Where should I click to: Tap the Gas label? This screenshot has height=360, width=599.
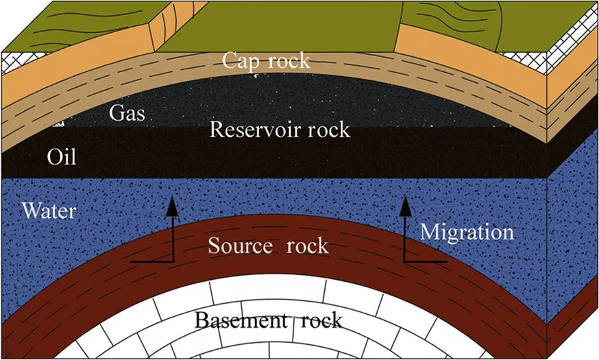(x=127, y=113)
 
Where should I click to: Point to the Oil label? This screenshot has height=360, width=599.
(x=62, y=158)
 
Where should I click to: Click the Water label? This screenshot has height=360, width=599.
(x=49, y=210)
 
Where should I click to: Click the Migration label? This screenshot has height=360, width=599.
(x=467, y=231)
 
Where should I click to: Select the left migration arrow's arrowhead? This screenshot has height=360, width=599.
(x=171, y=202)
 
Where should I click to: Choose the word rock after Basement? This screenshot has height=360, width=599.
(x=318, y=320)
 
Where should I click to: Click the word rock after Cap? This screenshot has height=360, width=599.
(x=288, y=60)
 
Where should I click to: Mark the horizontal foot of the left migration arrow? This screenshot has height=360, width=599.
(x=151, y=261)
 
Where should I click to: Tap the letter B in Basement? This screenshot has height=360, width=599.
(x=201, y=320)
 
